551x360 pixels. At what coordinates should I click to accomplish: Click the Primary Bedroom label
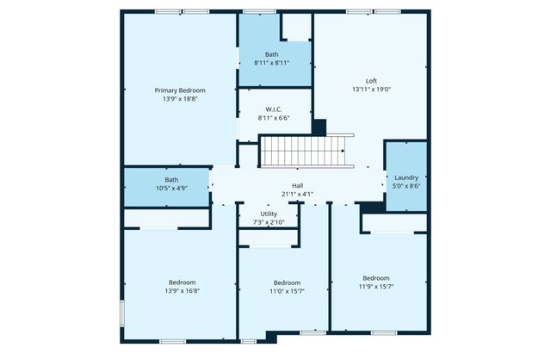pos(180,90)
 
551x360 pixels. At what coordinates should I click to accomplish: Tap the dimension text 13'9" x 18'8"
pos(180,99)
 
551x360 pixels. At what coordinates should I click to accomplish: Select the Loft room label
pos(371,81)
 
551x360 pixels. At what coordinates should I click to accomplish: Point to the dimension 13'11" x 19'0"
pos(371,90)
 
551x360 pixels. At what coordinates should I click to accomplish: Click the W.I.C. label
pos(274,109)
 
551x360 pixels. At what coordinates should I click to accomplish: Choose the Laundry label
pos(406,177)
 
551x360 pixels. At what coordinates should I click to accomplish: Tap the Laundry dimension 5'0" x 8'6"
pos(406,186)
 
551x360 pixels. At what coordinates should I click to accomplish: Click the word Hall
pos(297,185)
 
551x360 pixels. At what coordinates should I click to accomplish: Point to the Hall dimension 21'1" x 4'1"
pos(297,194)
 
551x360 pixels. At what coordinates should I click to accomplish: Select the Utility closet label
pos(269,214)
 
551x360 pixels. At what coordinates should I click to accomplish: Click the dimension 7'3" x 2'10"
pos(269,222)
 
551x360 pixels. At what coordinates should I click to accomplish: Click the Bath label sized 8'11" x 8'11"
pos(271,54)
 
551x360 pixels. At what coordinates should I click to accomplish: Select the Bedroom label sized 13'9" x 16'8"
pos(182,282)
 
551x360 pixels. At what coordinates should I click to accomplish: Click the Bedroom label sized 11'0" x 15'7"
pos(287,282)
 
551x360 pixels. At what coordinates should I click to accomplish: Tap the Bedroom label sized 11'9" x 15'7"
pos(375,278)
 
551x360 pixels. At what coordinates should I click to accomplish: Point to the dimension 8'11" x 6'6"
pos(274,118)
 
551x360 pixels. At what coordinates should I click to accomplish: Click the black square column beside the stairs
pos(319,127)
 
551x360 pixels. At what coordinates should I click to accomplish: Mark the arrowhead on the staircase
pos(344,152)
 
